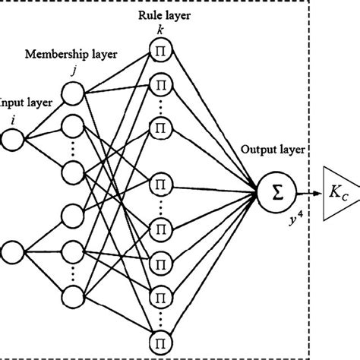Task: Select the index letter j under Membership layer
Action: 73,71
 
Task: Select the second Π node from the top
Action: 160,81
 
